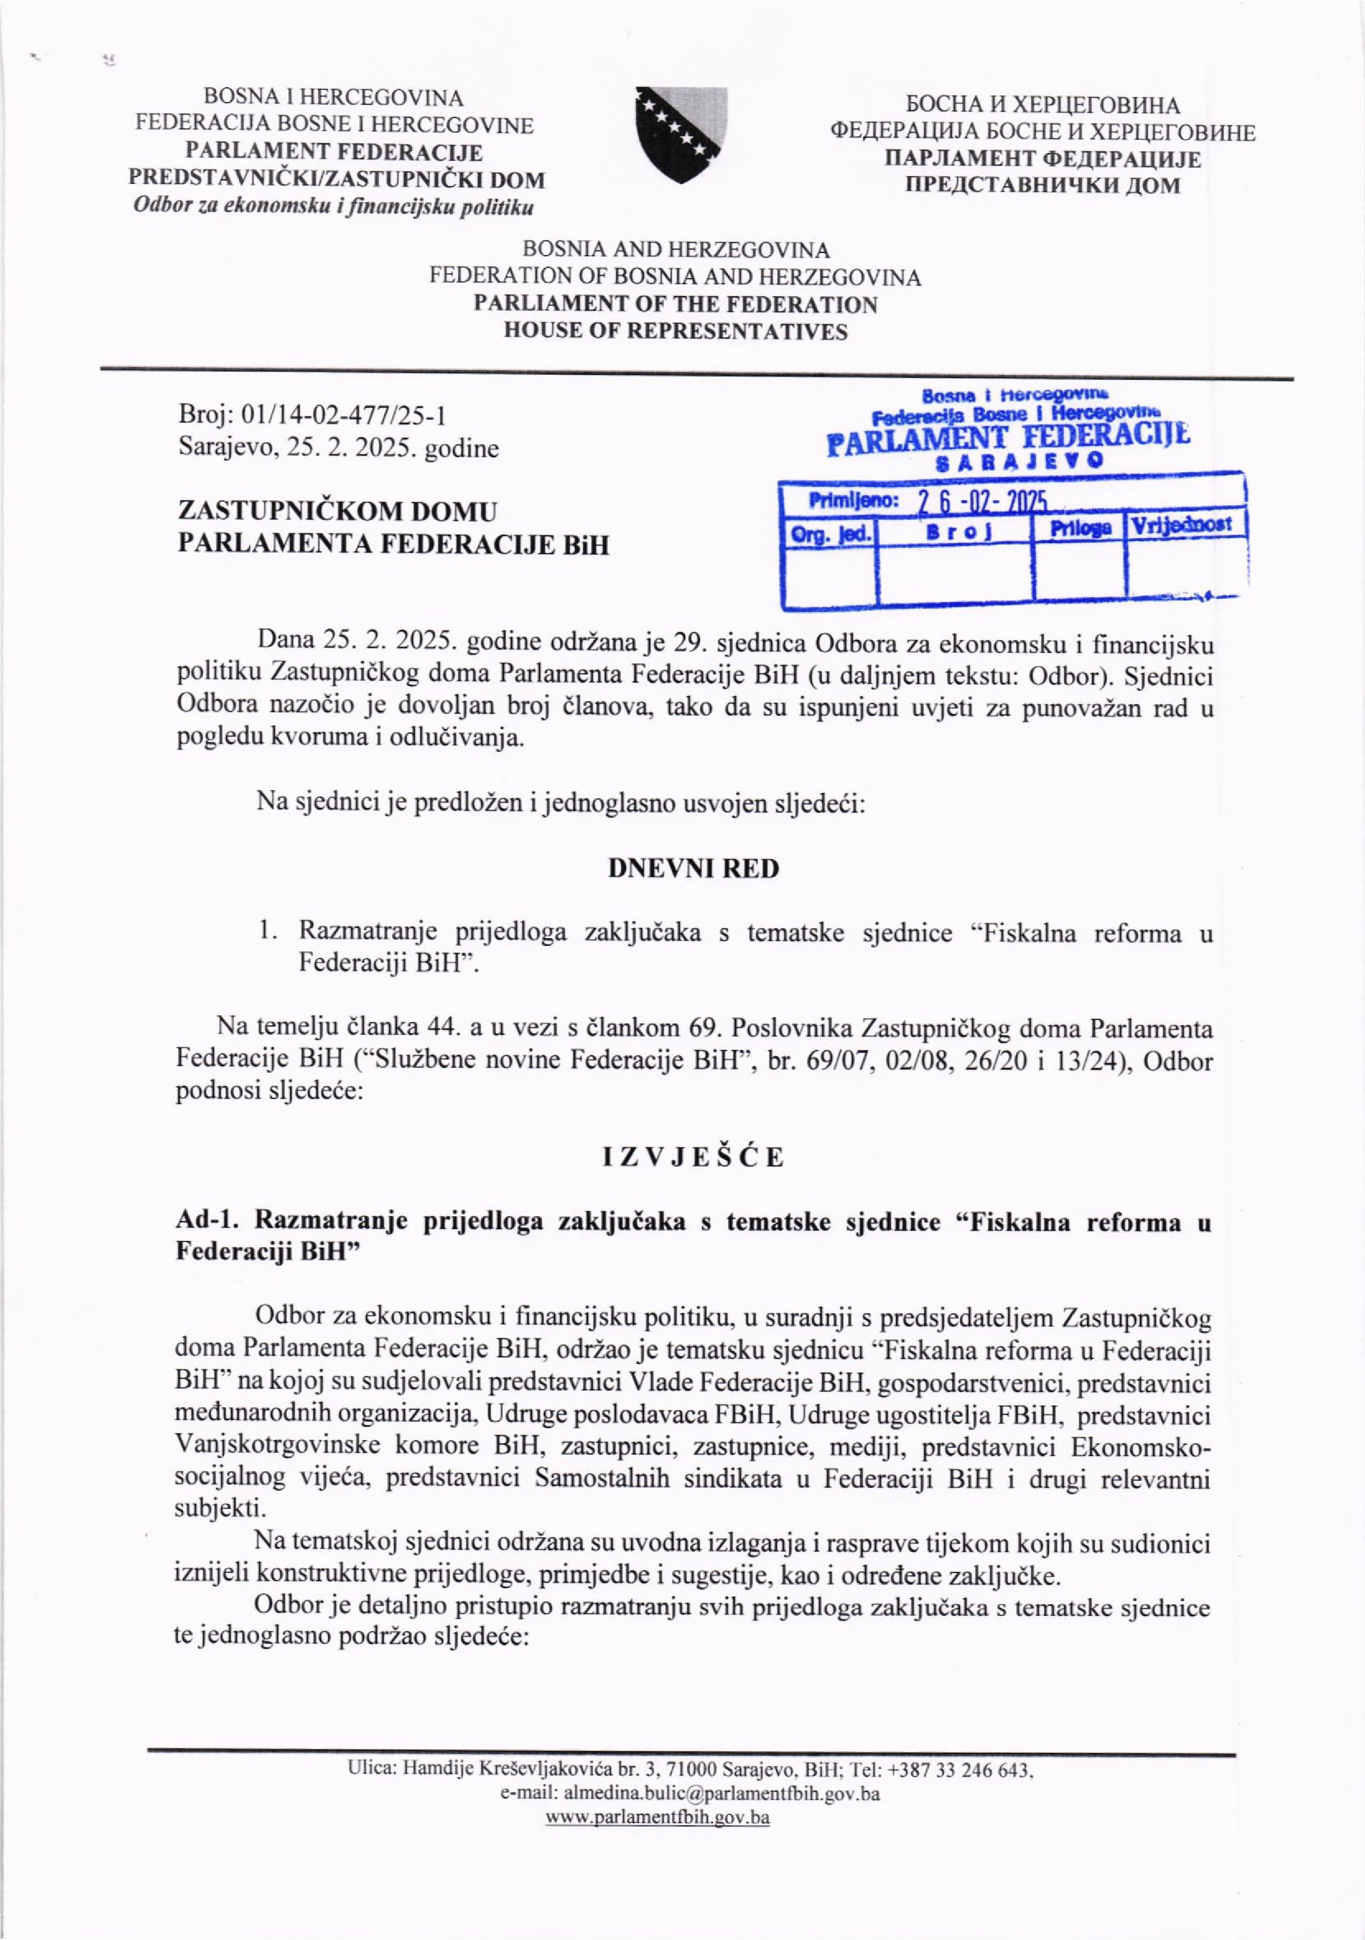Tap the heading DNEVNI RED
pyautogui.click(x=693, y=869)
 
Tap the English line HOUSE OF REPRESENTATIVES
pyautogui.click(x=675, y=330)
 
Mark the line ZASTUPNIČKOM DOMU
pyautogui.click(x=337, y=511)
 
